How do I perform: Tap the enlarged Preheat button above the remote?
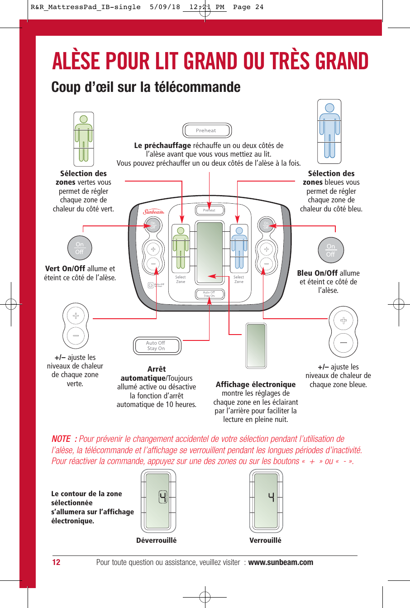207,131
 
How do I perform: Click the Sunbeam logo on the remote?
153,211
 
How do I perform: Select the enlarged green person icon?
84,139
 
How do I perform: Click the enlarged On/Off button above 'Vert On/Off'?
80,248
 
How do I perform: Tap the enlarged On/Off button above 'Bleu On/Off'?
331,250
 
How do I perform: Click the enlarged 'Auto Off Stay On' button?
156,346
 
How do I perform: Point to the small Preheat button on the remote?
209,210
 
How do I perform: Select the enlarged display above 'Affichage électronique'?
256,345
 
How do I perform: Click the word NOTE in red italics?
61,439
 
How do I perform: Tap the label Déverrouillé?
157,540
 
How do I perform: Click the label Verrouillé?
266,540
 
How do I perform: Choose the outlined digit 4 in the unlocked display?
162,497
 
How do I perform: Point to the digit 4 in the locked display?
271,497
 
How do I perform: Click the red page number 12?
56,562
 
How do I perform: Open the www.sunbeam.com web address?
281,562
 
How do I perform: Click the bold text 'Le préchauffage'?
162,146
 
